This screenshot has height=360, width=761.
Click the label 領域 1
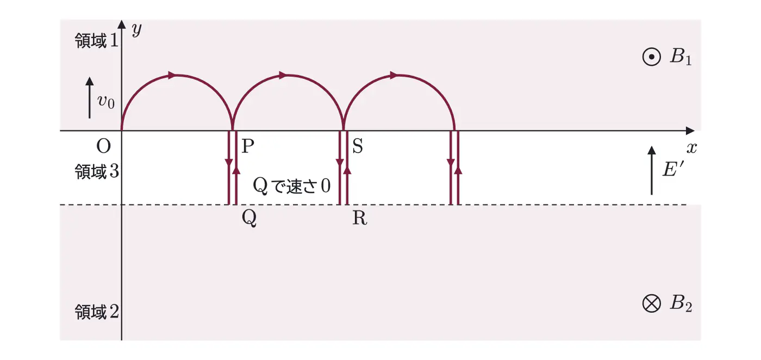(x=97, y=41)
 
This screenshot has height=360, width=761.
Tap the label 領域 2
(x=97, y=312)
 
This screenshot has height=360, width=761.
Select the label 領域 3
(x=97, y=171)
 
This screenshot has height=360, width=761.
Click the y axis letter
(x=136, y=30)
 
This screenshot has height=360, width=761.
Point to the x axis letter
(x=691, y=148)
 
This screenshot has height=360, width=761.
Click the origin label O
(x=104, y=146)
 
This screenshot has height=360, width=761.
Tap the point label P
(x=248, y=146)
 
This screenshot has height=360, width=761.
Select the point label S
(x=358, y=146)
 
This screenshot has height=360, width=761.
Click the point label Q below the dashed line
(x=249, y=218)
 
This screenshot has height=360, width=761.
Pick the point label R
(x=360, y=218)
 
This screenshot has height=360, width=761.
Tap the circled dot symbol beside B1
(x=652, y=57)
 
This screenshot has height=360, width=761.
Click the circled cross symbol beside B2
(x=652, y=303)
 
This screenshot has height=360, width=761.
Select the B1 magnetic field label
(x=681, y=57)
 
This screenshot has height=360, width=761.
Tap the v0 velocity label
(x=106, y=102)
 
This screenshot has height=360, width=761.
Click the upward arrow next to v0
(x=89, y=97)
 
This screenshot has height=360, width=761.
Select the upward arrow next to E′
(x=651, y=170)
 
